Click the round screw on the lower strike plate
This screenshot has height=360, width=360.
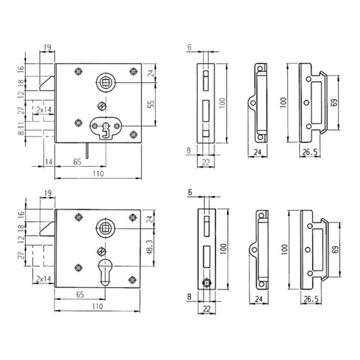(x=208, y=282)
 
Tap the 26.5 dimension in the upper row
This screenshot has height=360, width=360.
(x=309, y=152)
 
